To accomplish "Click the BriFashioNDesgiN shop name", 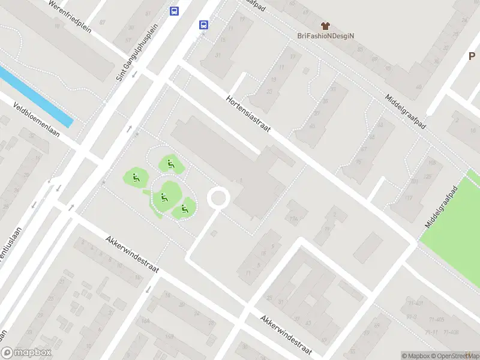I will (326, 35).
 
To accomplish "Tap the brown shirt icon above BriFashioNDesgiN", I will (326, 26).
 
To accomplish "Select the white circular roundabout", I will (218, 197).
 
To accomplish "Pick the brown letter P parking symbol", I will (472, 56).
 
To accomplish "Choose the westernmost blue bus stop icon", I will (174, 11).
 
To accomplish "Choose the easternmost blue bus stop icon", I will (203, 25).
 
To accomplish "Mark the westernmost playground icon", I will (136, 177).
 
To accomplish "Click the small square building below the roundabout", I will (214, 232).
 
